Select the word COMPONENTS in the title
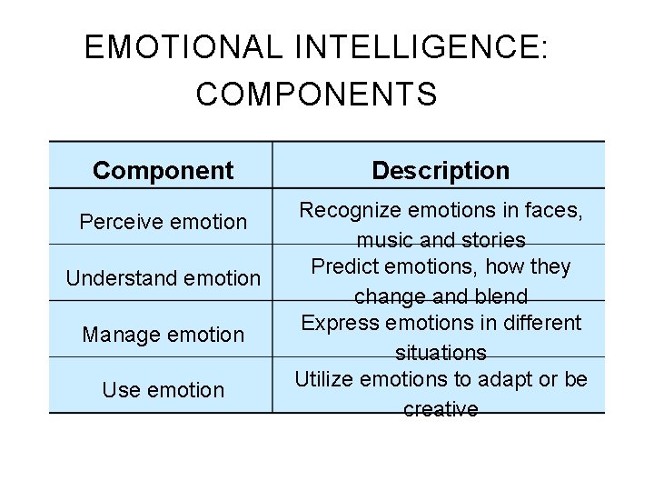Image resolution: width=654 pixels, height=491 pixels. [316, 94]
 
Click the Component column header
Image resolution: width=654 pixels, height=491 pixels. [163, 170]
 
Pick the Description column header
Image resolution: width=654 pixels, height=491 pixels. [441, 170]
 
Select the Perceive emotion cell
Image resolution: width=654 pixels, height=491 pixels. [163, 221]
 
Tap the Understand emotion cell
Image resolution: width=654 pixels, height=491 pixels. [163, 278]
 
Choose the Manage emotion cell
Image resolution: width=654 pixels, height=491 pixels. [163, 335]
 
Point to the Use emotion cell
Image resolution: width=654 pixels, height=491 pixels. [163, 390]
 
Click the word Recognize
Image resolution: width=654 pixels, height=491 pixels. [347, 211]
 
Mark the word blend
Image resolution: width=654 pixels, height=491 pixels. [501, 296]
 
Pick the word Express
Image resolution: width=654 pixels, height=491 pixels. [334, 324]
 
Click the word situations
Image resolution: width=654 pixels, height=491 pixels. [441, 353]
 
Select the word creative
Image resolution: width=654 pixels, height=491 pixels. [441, 409]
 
